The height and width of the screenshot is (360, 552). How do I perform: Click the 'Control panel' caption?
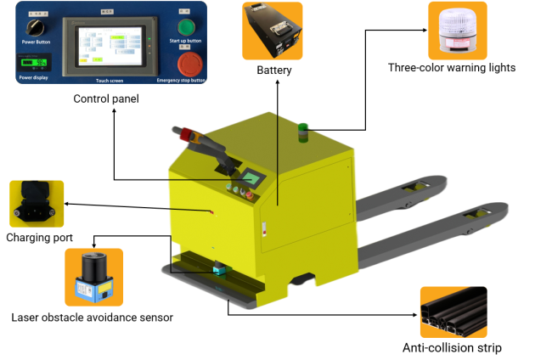click(x=106, y=99)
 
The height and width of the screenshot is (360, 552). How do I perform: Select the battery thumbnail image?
click(x=273, y=31)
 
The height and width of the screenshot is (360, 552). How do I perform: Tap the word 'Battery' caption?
click(x=273, y=70)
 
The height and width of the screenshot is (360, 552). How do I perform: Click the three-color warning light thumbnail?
click(x=458, y=31)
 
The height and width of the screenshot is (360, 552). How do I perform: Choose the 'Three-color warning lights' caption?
click(x=452, y=68)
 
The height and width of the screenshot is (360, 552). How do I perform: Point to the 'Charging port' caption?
click(x=39, y=237)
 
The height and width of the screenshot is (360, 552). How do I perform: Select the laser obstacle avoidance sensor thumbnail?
click(x=94, y=277)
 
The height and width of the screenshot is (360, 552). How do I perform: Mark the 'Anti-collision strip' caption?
click(x=452, y=348)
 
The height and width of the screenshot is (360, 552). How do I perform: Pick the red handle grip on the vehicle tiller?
click(x=188, y=134)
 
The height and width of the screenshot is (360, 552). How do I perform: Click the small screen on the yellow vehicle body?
click(x=251, y=178)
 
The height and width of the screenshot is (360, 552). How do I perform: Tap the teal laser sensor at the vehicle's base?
click(x=222, y=271)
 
